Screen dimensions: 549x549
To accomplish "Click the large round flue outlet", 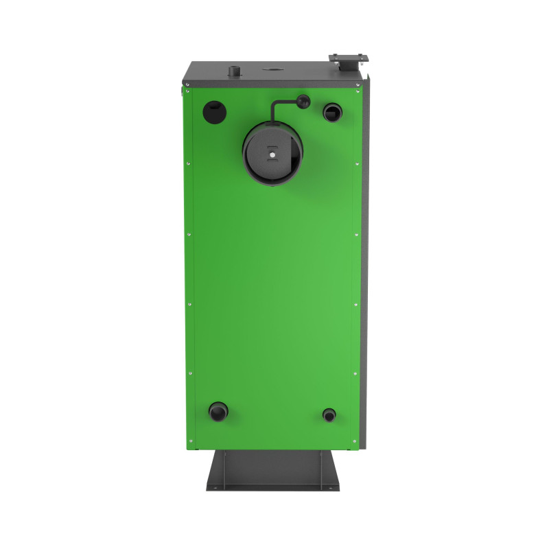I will [x=272, y=155].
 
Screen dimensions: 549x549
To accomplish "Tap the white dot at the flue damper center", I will [x=272, y=154].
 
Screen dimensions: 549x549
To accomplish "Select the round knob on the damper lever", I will [x=303, y=102].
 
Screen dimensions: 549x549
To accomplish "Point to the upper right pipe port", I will [x=332, y=111].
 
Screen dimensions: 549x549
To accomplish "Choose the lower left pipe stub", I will [x=218, y=412].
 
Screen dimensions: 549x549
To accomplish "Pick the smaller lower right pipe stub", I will [x=329, y=414].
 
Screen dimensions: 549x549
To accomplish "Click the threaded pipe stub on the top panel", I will [x=235, y=71].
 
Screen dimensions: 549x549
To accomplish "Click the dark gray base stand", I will [x=273, y=470].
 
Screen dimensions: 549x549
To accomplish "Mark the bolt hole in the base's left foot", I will [x=214, y=488].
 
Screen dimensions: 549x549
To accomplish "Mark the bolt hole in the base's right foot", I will [x=332, y=488].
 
